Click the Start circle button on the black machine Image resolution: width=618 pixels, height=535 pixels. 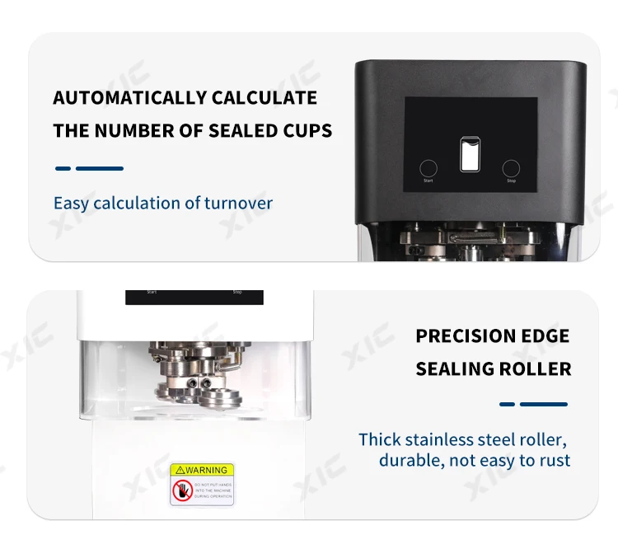point(428,167)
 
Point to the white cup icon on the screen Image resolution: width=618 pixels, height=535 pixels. point(470,154)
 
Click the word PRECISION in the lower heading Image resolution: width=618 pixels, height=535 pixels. point(462,336)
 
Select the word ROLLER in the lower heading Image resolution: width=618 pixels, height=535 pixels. point(536,368)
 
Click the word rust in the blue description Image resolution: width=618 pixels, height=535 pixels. point(554,460)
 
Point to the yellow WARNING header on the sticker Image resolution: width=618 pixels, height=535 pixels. point(202,470)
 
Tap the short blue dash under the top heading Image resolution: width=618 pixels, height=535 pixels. point(63,168)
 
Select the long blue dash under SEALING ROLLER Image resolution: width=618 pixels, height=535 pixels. point(544,404)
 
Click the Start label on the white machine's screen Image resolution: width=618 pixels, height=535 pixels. point(152,292)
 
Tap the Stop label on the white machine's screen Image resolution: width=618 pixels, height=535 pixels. point(237,292)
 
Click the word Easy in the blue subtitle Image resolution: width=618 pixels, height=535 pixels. point(71,203)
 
